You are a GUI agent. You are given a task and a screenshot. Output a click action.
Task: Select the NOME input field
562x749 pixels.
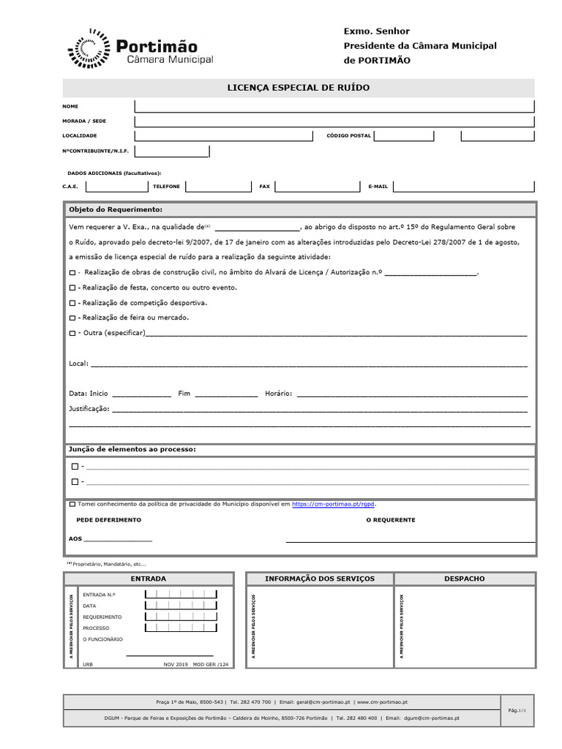point(334,106)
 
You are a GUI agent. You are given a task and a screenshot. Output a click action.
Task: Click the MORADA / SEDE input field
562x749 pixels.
point(334,121)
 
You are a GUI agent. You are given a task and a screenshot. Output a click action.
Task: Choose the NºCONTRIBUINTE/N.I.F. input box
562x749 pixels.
point(172,151)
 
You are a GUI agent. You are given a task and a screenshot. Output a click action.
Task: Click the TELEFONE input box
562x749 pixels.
point(218,187)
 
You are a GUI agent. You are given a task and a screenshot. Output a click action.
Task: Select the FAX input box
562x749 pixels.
point(317,187)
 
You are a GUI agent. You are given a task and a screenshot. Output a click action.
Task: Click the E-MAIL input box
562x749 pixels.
point(462,187)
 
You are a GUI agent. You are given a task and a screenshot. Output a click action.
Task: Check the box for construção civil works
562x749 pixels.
point(72,273)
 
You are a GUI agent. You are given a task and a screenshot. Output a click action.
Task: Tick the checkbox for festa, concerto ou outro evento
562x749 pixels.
point(72,288)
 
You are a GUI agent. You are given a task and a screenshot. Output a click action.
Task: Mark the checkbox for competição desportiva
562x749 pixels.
point(72,303)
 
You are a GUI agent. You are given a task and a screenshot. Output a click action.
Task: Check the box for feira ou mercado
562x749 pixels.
point(72,318)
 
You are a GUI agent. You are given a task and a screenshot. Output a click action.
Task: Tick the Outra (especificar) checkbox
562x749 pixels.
point(72,334)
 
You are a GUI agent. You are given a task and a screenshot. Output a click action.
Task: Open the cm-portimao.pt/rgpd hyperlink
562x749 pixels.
point(334,504)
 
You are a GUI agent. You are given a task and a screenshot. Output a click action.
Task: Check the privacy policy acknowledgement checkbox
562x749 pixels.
point(72,504)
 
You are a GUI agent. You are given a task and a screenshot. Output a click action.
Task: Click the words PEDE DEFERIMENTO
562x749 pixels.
point(109,519)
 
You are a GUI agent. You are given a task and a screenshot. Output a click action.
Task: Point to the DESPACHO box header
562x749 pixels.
point(465,579)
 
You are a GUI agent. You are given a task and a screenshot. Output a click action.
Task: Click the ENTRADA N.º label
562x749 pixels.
point(100,595)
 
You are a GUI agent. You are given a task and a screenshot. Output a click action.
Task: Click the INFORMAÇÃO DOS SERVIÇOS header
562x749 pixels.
point(319,579)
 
